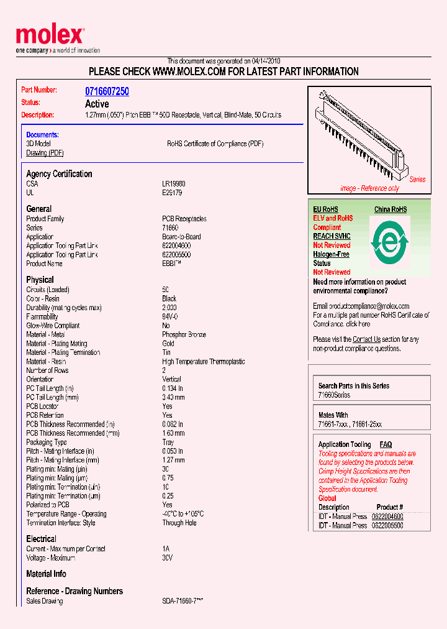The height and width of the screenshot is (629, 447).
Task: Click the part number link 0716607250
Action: [107, 91]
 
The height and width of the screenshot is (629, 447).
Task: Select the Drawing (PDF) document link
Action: [45, 153]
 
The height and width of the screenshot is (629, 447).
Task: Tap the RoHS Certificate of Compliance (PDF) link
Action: [215, 144]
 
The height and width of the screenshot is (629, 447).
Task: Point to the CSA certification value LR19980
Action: [173, 184]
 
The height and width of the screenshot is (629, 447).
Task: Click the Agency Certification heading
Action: [59, 174]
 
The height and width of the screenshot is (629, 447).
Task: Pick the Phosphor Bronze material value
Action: [184, 334]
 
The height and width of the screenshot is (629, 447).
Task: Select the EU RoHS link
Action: [325, 209]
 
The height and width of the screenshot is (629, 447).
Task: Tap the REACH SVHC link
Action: [332, 236]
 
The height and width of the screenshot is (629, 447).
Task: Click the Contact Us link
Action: [366, 339]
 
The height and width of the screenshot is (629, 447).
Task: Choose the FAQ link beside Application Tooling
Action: [386, 444]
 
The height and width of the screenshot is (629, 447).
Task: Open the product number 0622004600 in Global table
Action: [387, 517]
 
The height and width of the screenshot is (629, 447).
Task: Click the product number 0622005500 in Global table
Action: [387, 525]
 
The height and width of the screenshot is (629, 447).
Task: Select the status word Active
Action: [97, 104]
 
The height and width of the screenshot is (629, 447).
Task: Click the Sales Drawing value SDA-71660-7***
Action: [183, 601]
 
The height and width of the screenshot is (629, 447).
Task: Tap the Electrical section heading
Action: [41, 539]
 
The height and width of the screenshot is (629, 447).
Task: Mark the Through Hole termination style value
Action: [179, 523]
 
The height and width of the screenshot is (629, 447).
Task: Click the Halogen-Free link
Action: [331, 254]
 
